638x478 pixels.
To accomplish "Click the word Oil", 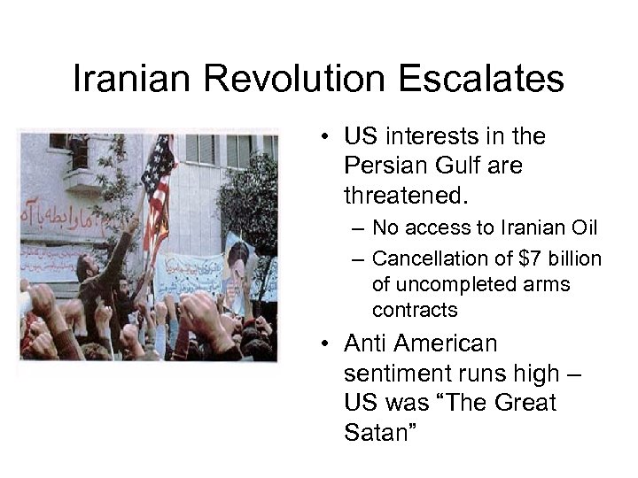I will tap(583, 228).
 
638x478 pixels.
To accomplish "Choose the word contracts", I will tap(415, 310).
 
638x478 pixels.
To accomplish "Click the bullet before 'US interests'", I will tap(326, 137).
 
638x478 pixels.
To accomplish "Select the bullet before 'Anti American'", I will tap(326, 343).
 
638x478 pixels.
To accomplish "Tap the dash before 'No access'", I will tap(356, 228).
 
